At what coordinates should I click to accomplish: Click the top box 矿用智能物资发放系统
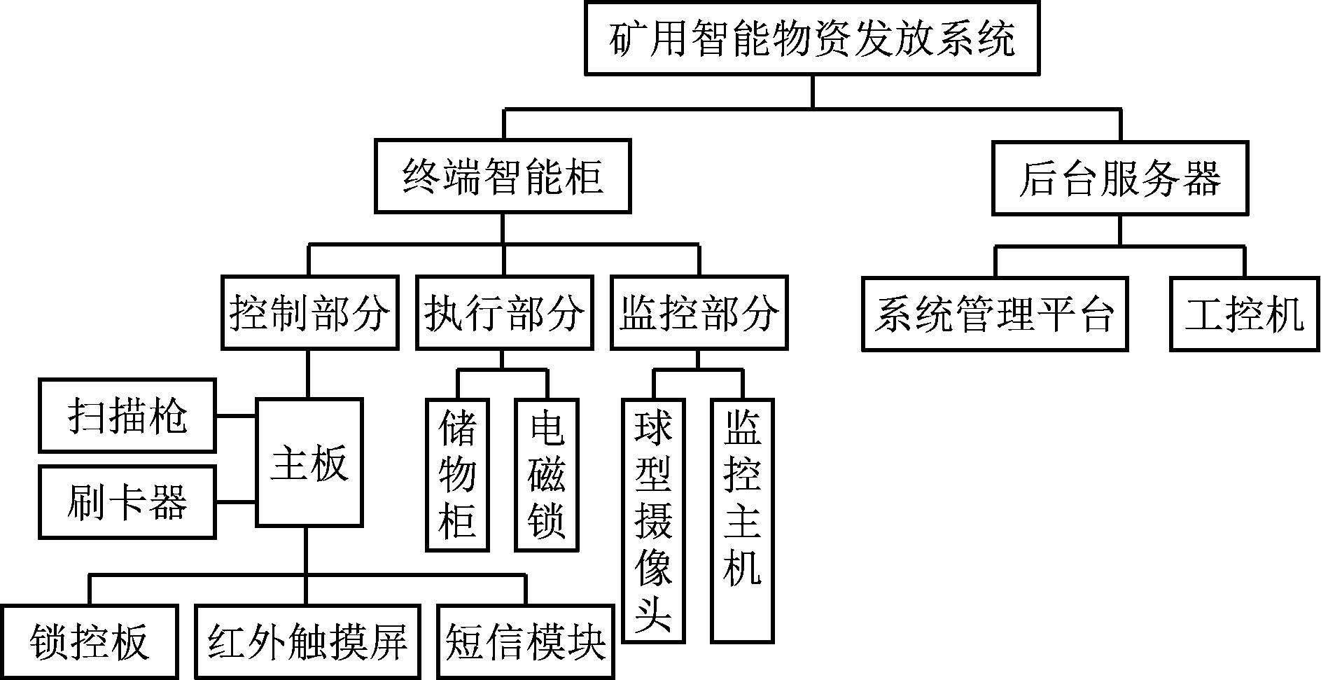click(x=812, y=39)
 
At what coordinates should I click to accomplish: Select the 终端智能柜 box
click(x=503, y=176)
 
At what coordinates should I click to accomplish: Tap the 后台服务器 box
click(x=1119, y=178)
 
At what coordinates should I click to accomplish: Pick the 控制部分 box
click(x=309, y=313)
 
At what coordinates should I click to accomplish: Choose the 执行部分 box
click(x=504, y=313)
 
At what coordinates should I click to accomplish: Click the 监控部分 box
click(x=699, y=313)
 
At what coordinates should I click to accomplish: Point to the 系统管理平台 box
click(x=995, y=314)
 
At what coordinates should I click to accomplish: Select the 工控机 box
click(x=1245, y=314)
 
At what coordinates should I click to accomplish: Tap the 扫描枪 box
click(x=127, y=416)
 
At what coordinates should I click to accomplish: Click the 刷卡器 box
click(x=127, y=502)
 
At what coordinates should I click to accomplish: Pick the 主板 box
click(x=309, y=462)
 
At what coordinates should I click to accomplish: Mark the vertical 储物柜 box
click(x=457, y=475)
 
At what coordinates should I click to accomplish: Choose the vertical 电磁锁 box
click(x=547, y=475)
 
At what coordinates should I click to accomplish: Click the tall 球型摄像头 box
click(x=653, y=520)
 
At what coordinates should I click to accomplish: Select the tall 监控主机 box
click(x=743, y=520)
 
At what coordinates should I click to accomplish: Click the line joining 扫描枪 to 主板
click(x=236, y=416)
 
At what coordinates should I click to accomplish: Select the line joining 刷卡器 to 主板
click(x=236, y=502)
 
